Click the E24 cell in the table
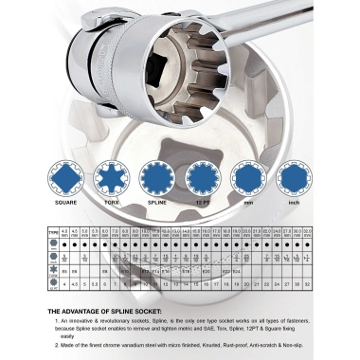click(x=236, y=270)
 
